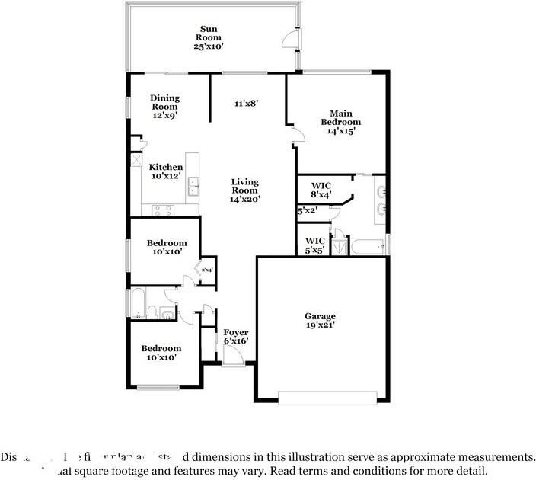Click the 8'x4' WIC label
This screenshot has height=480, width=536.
tap(321, 190)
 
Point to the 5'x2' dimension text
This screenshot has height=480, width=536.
tap(306, 210)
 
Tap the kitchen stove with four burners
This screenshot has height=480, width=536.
tap(163, 210)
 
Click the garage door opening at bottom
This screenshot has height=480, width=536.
tap(327, 398)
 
